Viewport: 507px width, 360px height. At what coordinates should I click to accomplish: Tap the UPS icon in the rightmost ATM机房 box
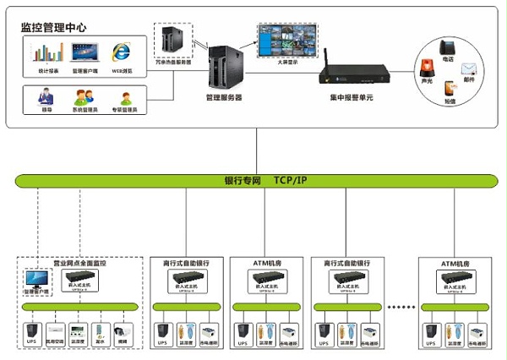[432, 331]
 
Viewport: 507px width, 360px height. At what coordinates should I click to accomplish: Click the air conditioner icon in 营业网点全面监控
[56, 330]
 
